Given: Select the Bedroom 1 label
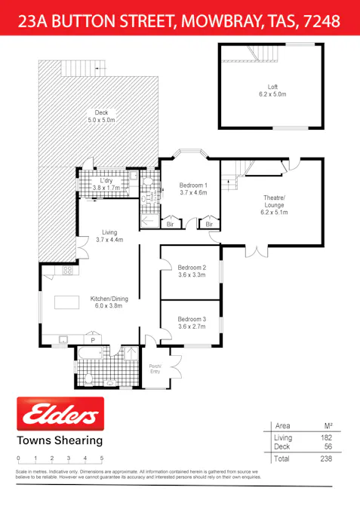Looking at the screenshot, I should [192, 189].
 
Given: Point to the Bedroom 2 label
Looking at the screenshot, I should [191, 271].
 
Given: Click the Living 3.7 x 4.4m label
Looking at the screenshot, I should [109, 236].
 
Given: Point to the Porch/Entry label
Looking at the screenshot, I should [155, 369].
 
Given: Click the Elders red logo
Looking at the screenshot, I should [60, 415].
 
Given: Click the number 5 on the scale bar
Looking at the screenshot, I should [101, 458].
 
